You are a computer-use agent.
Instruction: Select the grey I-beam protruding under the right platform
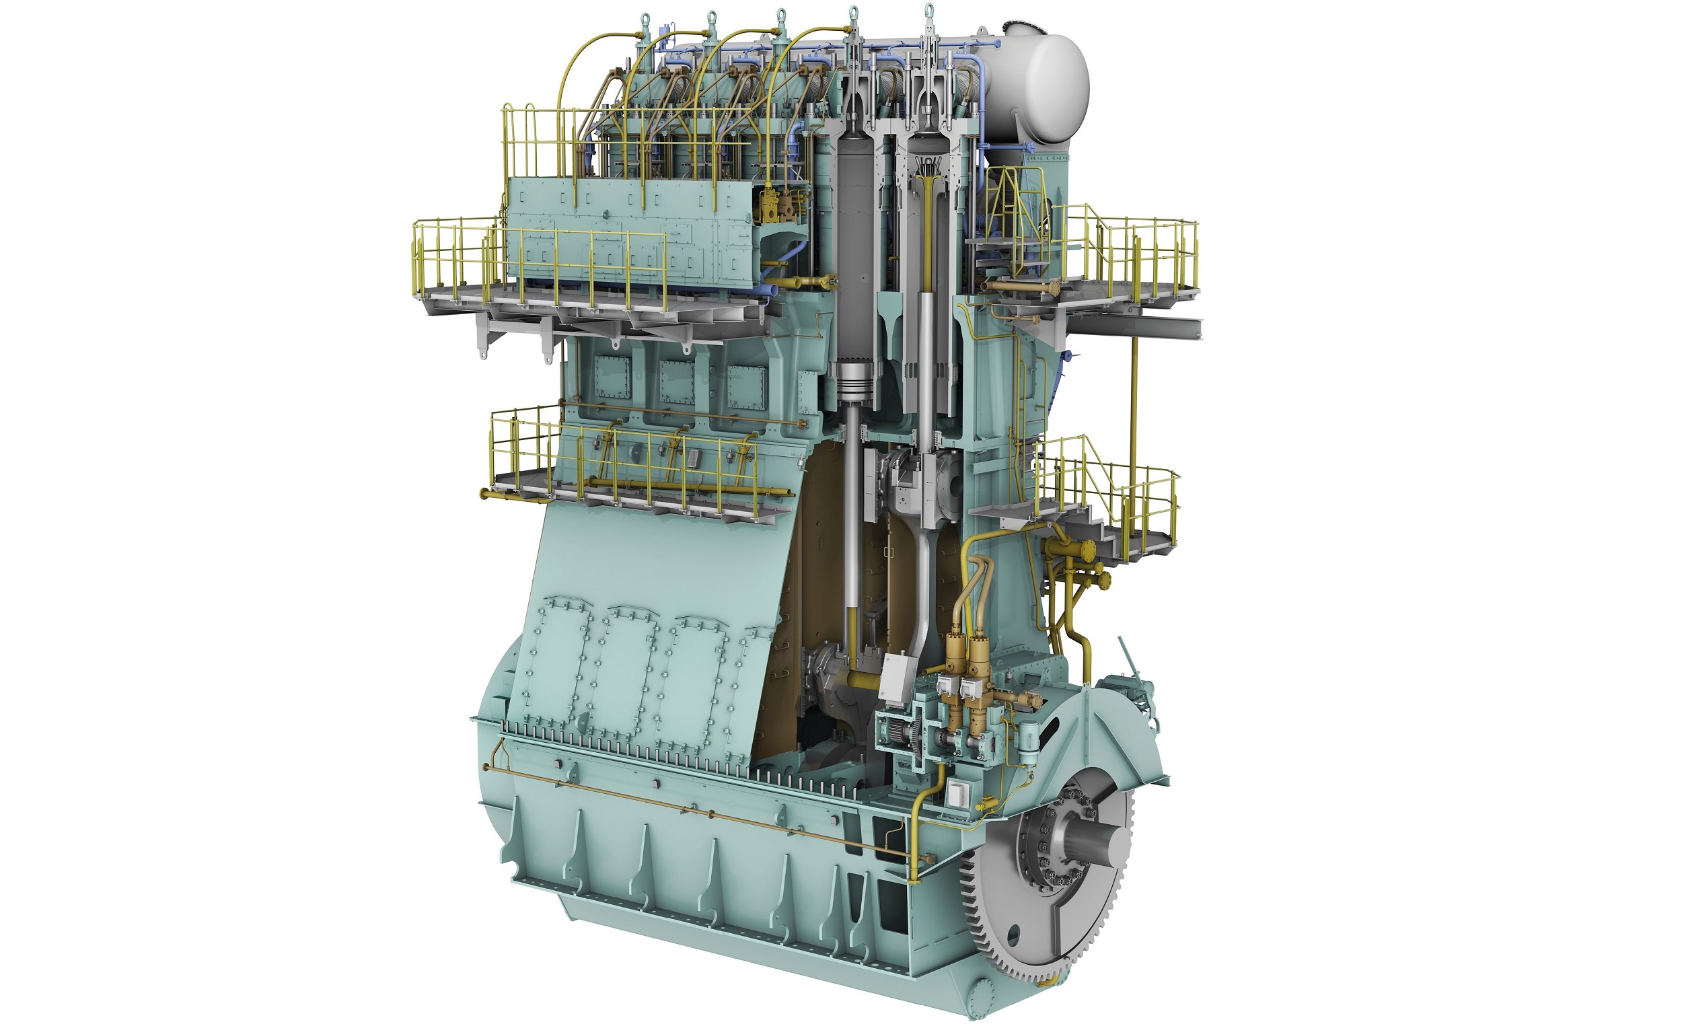pos(1167,329)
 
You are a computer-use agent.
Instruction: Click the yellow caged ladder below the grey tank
pos(1011,205)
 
